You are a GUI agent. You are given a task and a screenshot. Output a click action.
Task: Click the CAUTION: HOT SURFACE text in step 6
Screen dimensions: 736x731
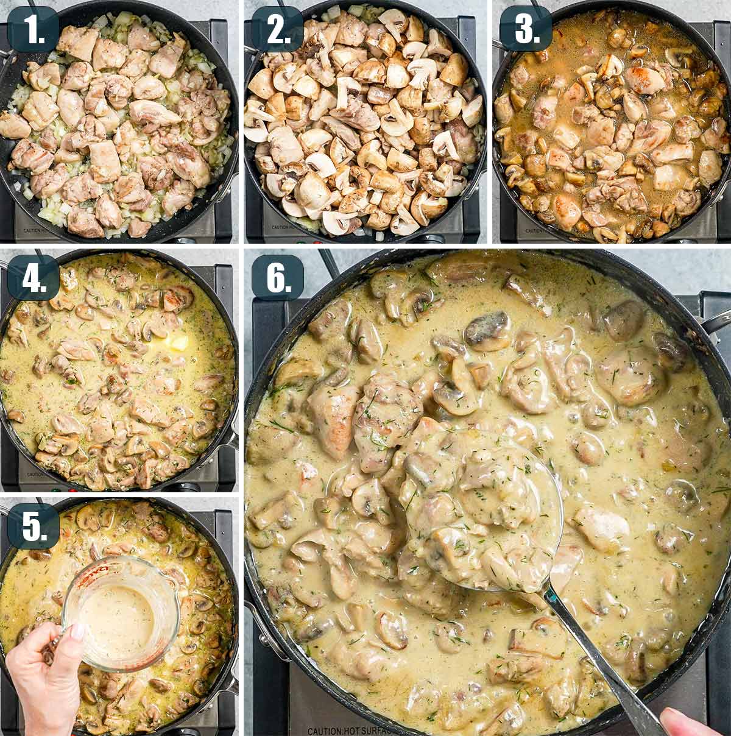353,731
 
